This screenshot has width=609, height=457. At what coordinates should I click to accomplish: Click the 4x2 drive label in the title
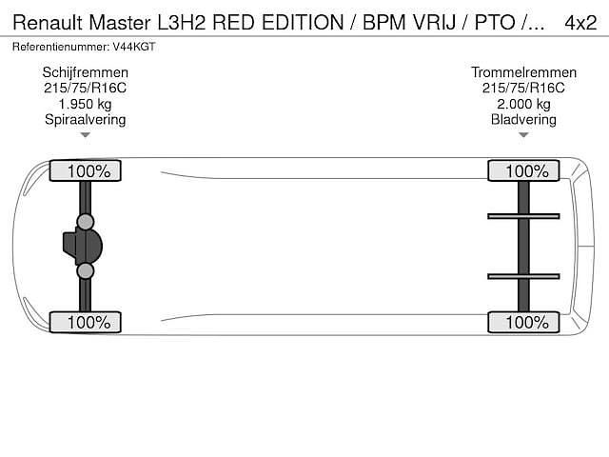click(x=580, y=22)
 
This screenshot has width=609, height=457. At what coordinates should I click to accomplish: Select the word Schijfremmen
click(x=86, y=72)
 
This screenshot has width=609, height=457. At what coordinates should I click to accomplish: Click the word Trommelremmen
click(x=523, y=72)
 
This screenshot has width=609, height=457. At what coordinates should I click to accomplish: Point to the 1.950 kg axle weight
click(x=86, y=104)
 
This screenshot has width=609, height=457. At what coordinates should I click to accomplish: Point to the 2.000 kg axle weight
click(x=523, y=104)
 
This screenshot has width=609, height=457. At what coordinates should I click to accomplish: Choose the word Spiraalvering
click(x=86, y=119)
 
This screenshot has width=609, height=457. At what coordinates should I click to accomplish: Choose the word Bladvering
click(x=523, y=119)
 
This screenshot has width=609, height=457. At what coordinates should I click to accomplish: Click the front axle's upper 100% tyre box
click(x=86, y=171)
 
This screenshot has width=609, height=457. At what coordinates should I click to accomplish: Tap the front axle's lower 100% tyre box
click(x=86, y=323)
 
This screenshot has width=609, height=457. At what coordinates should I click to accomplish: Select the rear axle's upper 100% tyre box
click(x=523, y=171)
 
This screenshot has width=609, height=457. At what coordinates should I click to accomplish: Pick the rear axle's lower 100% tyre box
click(x=523, y=323)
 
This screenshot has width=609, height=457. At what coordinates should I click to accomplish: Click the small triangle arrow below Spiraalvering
click(x=86, y=135)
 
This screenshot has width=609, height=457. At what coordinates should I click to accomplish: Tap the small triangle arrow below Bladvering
click(x=523, y=135)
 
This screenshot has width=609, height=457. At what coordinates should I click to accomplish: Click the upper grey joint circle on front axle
click(x=86, y=223)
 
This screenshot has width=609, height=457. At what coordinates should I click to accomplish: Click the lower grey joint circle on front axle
click(x=86, y=271)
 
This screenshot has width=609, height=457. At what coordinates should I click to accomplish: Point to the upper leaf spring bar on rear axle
click(x=523, y=216)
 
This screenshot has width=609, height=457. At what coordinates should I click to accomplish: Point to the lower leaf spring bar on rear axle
click(x=523, y=277)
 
